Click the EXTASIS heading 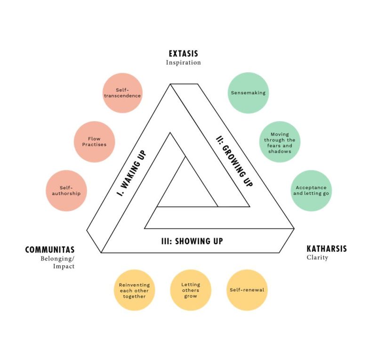(x=183, y=54)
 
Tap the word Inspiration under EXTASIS (x=183, y=63)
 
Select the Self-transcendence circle (x=122, y=93)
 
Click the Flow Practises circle (x=94, y=142)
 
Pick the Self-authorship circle (x=66, y=190)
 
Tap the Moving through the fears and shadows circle (x=280, y=142)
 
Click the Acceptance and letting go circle (x=311, y=190)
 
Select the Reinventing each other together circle (x=134, y=290)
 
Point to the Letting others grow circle (x=190, y=290)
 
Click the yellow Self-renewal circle (x=247, y=290)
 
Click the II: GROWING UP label (x=234, y=162)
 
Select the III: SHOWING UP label (x=192, y=241)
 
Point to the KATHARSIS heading (x=327, y=249)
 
